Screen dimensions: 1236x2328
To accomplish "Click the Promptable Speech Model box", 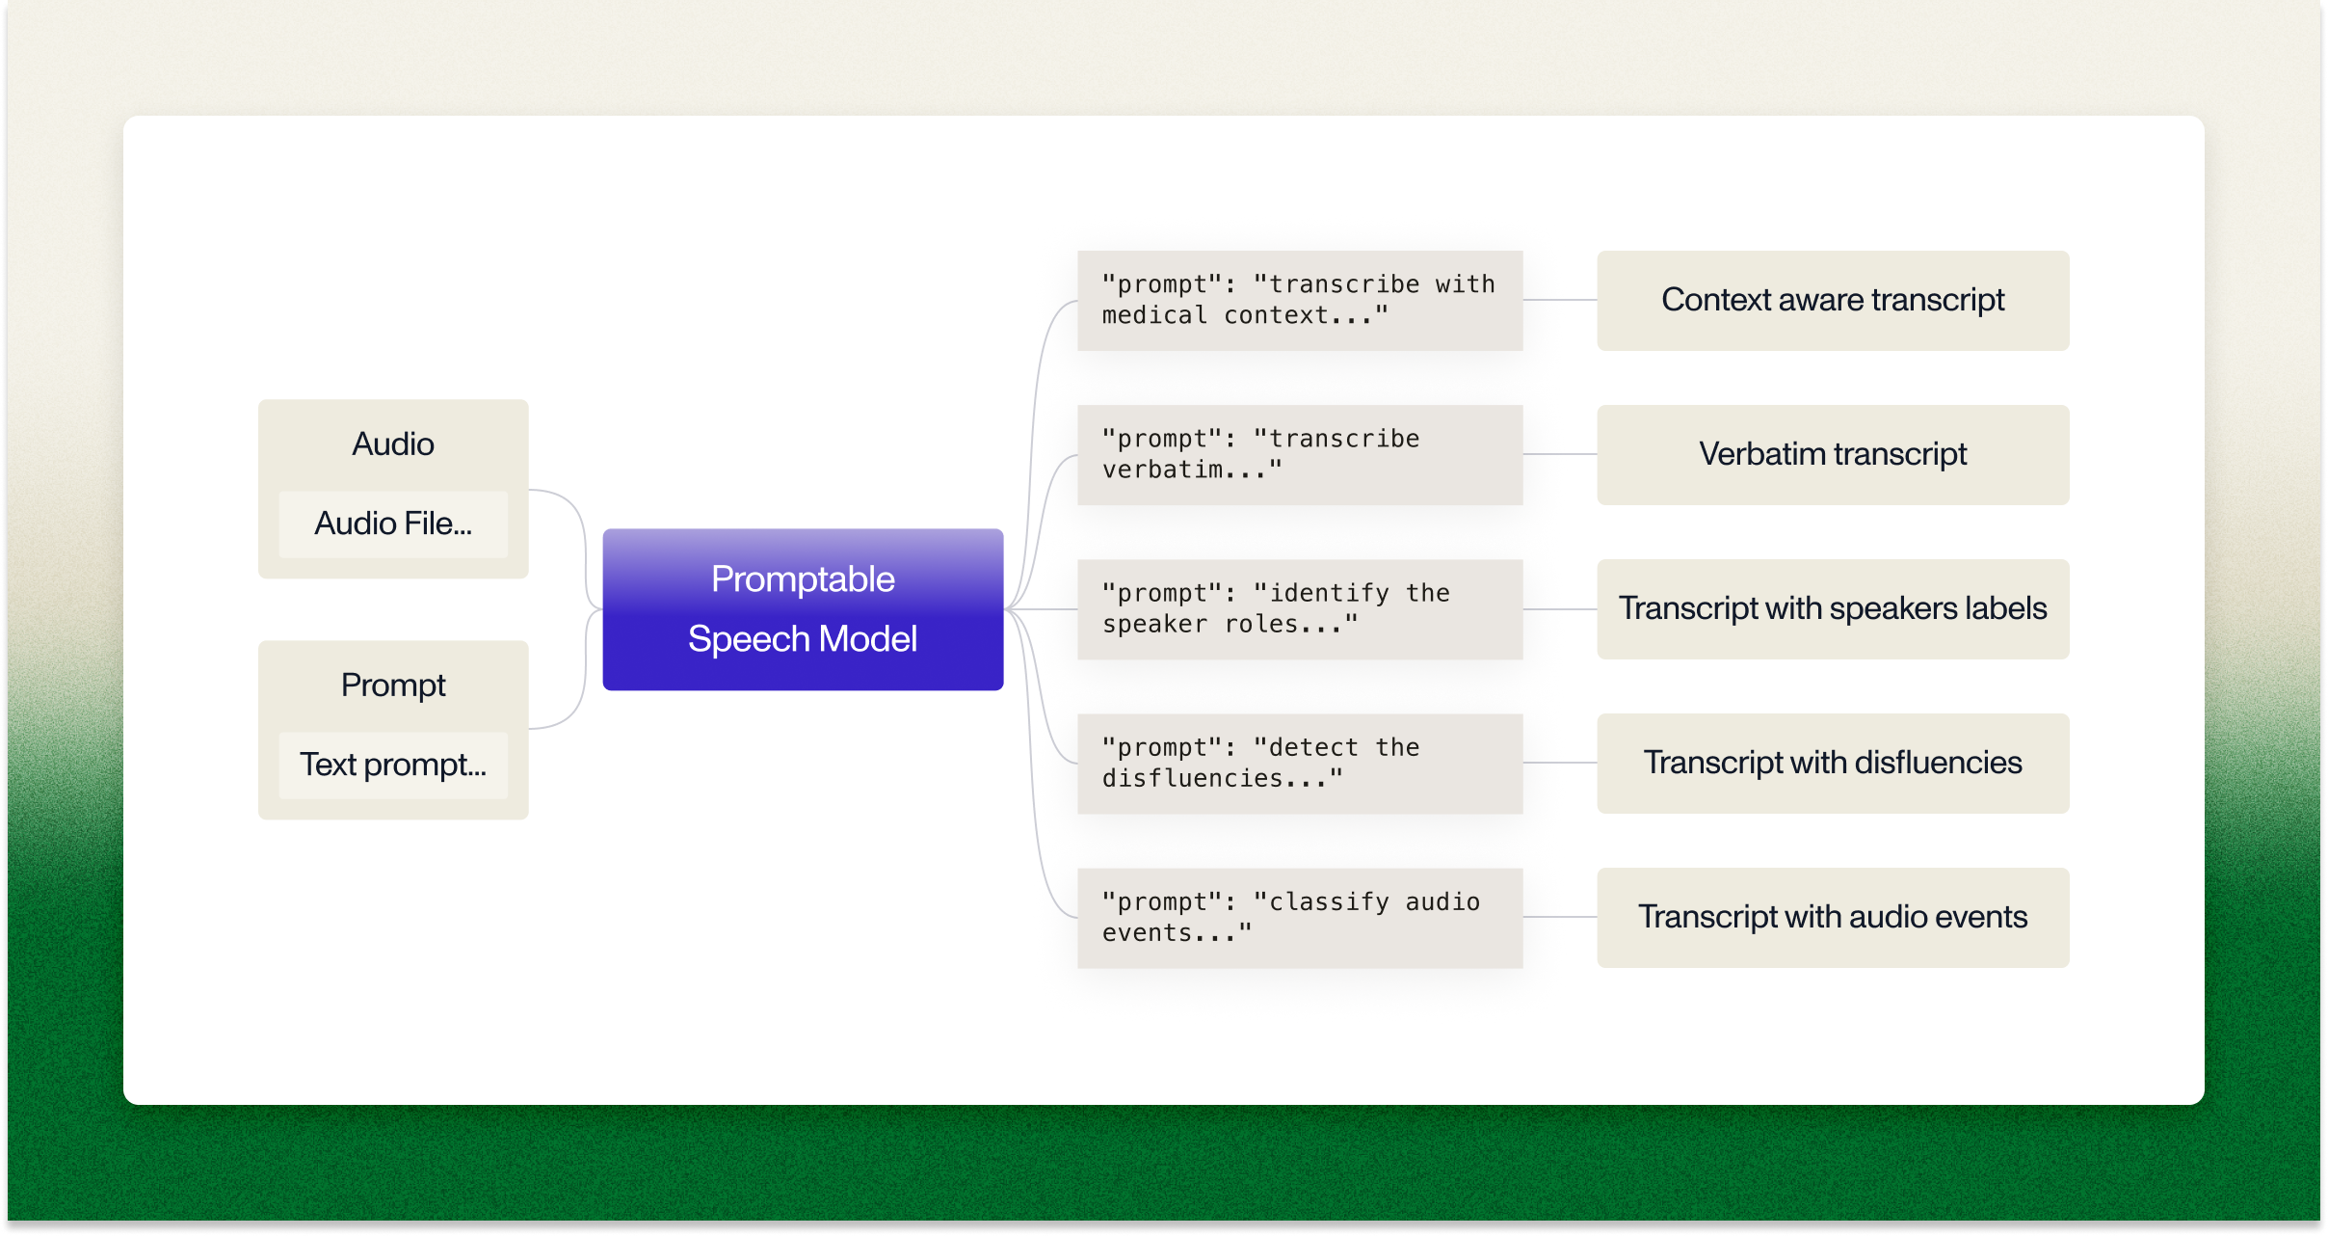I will pyautogui.click(x=803, y=608).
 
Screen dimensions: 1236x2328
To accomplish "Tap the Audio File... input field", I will pyautogui.click(x=393, y=524).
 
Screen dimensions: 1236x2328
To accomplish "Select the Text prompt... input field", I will pyautogui.click(x=393, y=765).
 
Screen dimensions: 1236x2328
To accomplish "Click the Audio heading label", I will pyautogui.click(x=393, y=443).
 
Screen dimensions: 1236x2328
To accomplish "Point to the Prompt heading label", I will pyautogui.click(x=393, y=685).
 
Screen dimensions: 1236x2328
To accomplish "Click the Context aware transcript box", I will pyautogui.click(x=1832, y=300).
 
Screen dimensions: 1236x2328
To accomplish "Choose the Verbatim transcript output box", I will pyautogui.click(x=1832, y=454).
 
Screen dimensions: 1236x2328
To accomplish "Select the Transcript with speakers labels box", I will pyautogui.click(x=1832, y=608).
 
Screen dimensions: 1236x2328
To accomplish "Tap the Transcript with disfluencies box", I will pyautogui.click(x=1832, y=763).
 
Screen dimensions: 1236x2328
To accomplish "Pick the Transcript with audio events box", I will pyautogui.click(x=1832, y=917).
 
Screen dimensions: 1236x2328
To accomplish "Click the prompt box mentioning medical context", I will pyautogui.click(x=1299, y=300).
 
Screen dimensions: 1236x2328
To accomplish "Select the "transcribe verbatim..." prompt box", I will pyautogui.click(x=1299, y=454).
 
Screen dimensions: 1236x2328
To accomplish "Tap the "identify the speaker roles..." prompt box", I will pyautogui.click(x=1299, y=608).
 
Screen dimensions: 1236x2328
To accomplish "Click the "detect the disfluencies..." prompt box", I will pyautogui.click(x=1299, y=763).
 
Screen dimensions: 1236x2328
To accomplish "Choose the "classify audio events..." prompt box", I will pyautogui.click(x=1299, y=917).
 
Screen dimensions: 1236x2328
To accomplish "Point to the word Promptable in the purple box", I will pyautogui.click(x=803, y=579).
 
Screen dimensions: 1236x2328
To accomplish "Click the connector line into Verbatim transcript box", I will pyautogui.click(x=1560, y=454).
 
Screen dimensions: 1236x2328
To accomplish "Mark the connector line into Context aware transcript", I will pyautogui.click(x=1560, y=300).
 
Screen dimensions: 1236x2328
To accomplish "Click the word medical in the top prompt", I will pyautogui.click(x=1154, y=315).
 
